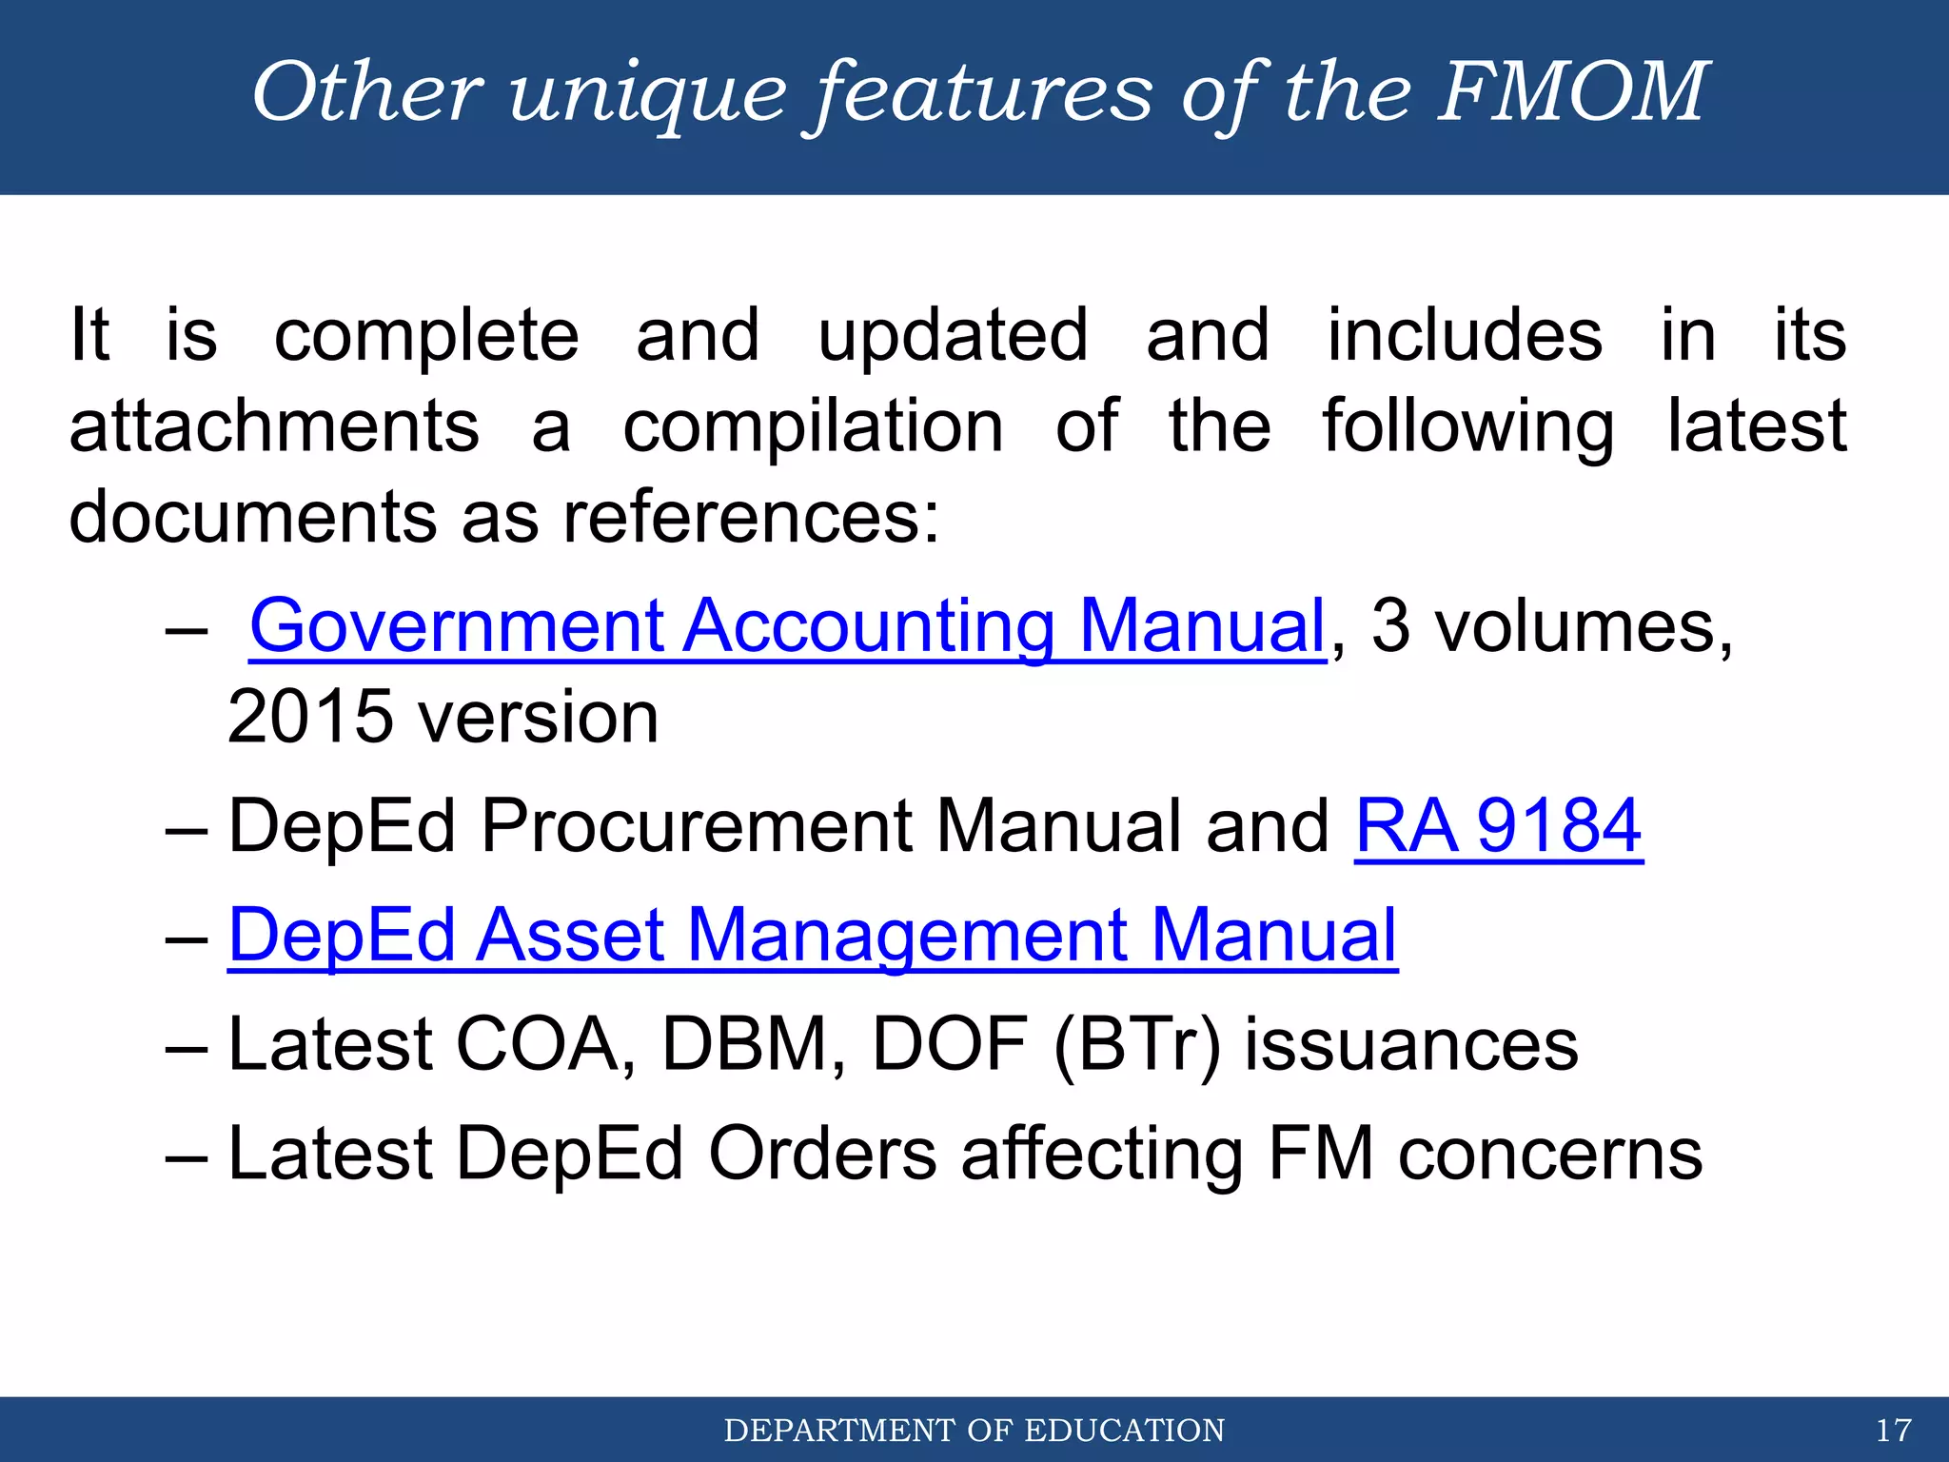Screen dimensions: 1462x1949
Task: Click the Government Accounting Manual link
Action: click(787, 626)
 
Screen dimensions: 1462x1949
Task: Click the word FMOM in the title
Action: click(1573, 91)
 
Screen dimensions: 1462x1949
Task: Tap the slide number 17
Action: click(1893, 1430)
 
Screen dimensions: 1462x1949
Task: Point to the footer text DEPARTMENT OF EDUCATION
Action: click(974, 1430)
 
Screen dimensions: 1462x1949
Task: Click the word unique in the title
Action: click(648, 93)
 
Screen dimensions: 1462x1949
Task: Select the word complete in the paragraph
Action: click(426, 336)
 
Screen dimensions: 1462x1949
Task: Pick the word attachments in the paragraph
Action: click(274, 426)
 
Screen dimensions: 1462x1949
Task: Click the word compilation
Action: click(814, 426)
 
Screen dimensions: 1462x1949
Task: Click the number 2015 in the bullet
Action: click(310, 717)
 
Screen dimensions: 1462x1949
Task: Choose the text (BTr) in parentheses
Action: click(1137, 1045)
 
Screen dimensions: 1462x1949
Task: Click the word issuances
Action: click(1411, 1045)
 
